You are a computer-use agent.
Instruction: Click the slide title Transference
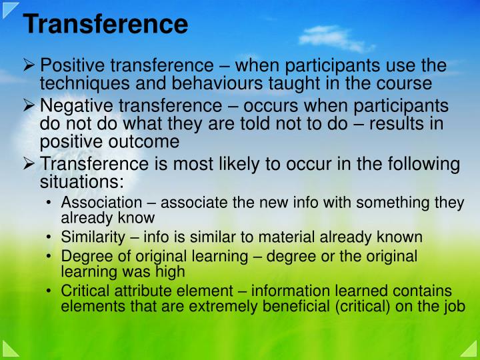coord(105,25)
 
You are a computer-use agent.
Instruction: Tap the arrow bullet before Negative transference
coord(30,107)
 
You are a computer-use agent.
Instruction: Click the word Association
coord(101,203)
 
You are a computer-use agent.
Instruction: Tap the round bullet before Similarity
coord(51,237)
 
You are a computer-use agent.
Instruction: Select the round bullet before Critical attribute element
coord(51,291)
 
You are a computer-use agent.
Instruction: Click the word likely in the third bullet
coord(224,165)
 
